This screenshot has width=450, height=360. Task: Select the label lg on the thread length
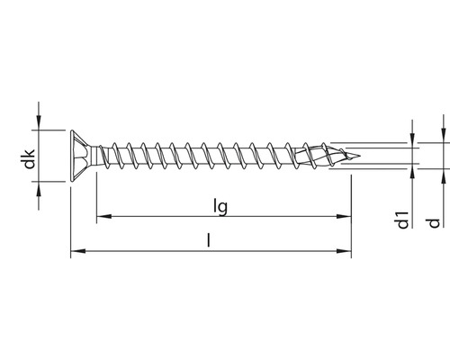[x=220, y=206]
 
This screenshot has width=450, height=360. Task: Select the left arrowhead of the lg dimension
[x=102, y=217]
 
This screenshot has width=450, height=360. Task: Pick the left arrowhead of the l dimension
[x=75, y=252]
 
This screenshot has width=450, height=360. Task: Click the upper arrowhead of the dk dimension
[x=39, y=122]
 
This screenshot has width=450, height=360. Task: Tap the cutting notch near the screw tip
[x=331, y=155]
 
